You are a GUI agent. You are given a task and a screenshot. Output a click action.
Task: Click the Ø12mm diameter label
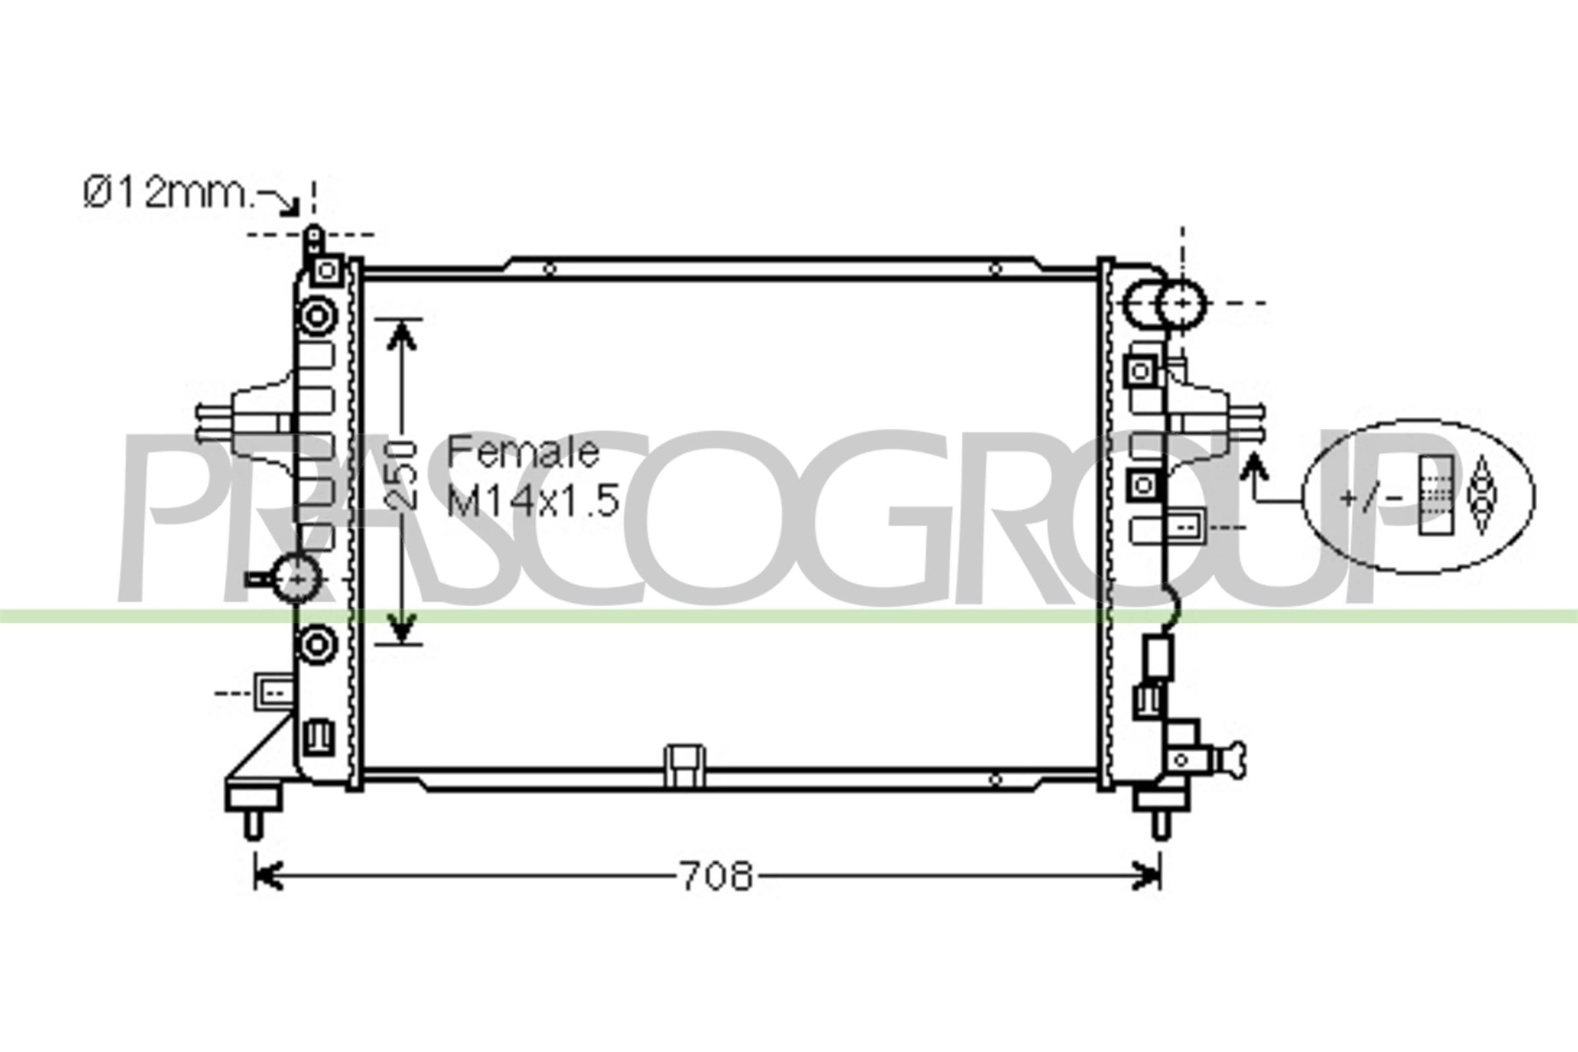pos(168,193)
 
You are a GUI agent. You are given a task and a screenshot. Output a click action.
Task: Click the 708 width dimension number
pos(717,876)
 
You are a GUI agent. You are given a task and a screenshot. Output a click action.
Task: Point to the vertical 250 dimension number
pos(402,473)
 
